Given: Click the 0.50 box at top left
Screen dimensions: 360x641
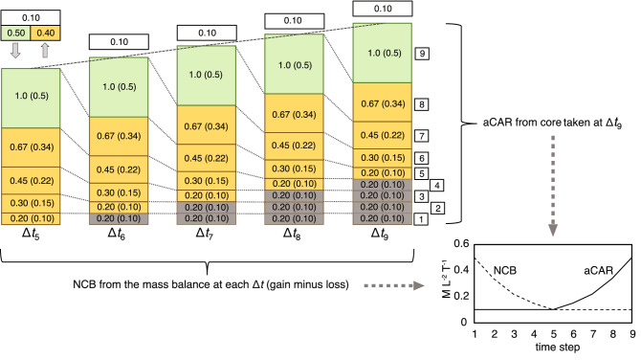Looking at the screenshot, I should pos(14,34).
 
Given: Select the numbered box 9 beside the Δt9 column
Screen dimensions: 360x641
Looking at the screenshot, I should pos(422,54).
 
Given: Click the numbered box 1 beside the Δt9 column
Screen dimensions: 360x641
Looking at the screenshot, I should pos(422,219).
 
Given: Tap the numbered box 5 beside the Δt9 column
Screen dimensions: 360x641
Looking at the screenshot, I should pos(422,173).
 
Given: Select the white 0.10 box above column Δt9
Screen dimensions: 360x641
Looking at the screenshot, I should pos(381,10).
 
